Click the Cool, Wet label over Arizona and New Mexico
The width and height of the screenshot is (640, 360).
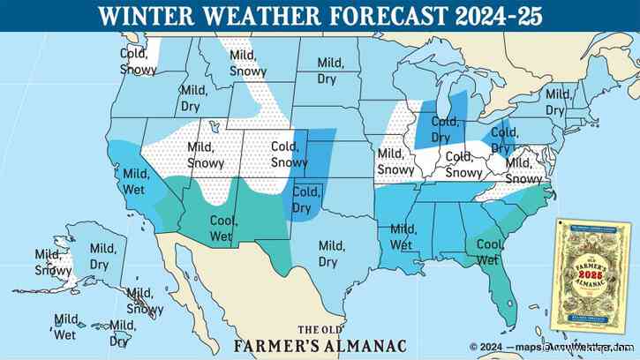222,229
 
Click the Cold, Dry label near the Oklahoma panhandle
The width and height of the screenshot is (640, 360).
305,200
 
